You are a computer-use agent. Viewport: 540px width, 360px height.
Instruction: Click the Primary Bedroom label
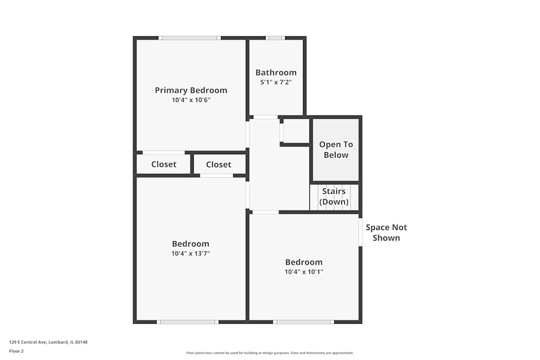pos(191,90)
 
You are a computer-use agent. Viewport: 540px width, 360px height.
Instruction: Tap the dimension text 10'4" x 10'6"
pos(191,100)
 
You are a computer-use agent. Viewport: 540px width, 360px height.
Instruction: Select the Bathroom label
pos(276,72)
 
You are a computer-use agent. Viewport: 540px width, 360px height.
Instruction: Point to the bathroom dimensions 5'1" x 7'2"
pos(276,83)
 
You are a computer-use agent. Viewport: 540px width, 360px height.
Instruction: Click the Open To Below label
pos(336,150)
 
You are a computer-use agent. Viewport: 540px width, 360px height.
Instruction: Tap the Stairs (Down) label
pos(334,196)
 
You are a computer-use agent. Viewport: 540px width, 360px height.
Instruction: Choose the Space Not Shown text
pos(386,233)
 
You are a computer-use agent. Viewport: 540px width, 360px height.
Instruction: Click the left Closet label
pos(164,164)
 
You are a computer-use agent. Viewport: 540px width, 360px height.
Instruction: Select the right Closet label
pos(218,164)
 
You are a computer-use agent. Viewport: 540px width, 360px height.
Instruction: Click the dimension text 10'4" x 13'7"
pos(191,253)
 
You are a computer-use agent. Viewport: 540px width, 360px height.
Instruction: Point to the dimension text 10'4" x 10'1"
pos(304,272)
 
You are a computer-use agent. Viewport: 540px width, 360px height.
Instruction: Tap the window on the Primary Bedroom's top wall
pos(190,38)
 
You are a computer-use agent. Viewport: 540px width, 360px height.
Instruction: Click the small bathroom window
pos(275,38)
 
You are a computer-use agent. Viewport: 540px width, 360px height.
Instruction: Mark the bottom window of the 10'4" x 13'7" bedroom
pos(187,322)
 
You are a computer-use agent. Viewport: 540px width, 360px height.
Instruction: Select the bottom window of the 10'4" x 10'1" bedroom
pos(303,322)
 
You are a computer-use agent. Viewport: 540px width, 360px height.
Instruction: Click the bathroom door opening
pos(266,117)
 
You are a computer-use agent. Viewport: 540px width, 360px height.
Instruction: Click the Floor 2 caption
pos(16,351)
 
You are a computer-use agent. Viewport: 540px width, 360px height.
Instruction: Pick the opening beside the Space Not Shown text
pos(360,232)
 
